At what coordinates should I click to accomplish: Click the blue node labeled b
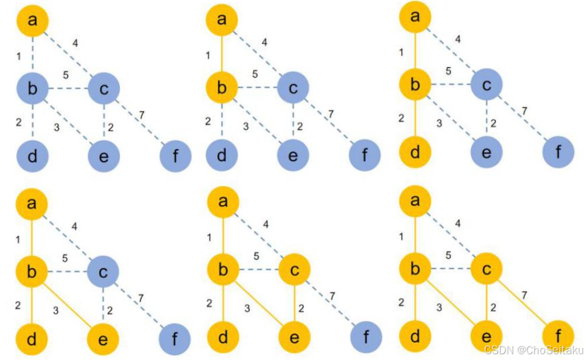tap(32, 89)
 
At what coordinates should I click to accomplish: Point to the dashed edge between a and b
tap(32, 55)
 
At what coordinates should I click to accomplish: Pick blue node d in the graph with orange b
tap(222, 155)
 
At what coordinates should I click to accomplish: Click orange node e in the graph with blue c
tap(104, 337)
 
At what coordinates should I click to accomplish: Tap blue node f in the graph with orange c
tap(365, 336)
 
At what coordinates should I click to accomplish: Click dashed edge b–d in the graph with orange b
tap(222, 122)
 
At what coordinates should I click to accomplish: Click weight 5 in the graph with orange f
tap(449, 256)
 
